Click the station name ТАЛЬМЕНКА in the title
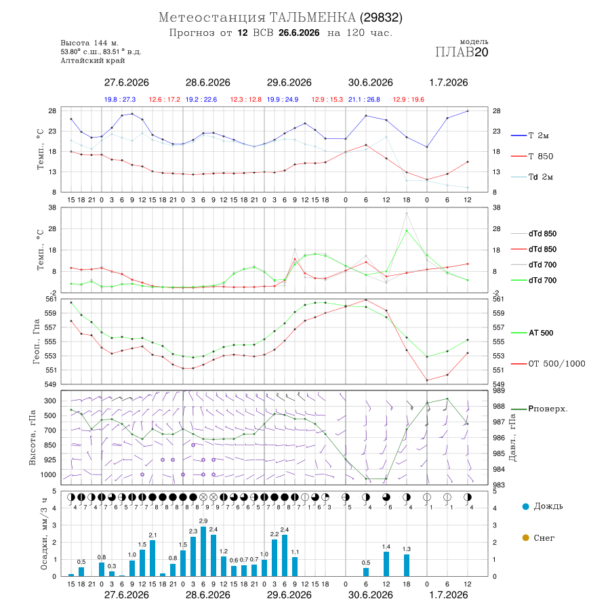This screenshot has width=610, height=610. click(312, 18)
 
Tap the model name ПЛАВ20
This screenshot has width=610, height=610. click(462, 52)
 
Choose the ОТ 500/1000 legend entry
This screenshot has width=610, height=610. click(548, 364)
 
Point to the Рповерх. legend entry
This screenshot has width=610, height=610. click(540, 409)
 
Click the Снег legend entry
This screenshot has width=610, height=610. click(538, 538)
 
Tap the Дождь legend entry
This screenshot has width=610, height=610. click(543, 506)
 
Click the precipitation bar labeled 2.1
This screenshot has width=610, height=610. click(152, 558)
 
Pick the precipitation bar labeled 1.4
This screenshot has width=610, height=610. click(386, 565)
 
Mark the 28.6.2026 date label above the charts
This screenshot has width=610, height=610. click(208, 83)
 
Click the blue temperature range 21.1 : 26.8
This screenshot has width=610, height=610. click(364, 100)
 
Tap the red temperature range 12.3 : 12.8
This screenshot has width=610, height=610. click(246, 100)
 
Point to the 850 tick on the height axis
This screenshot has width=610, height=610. click(49, 445)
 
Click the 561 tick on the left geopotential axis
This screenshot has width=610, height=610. click(52, 299)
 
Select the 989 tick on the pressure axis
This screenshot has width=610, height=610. click(498, 390)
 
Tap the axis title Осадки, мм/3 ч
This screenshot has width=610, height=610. click(44, 534)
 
